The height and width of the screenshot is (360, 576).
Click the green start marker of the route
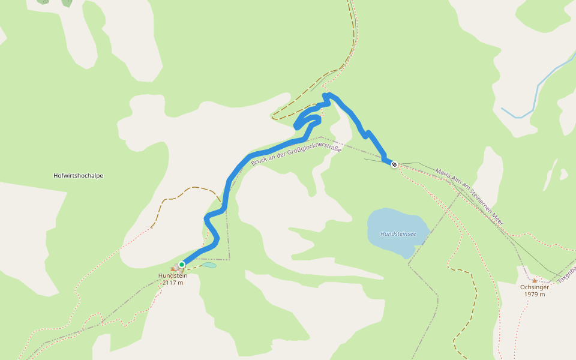tap(182, 264)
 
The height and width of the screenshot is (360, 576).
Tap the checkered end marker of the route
tap(394, 164)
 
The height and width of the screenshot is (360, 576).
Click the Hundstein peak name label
tap(173, 275)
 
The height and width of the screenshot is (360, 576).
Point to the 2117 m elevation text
tap(173, 283)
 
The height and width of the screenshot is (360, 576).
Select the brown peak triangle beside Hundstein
tap(174, 269)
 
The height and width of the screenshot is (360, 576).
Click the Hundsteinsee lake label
tap(397, 233)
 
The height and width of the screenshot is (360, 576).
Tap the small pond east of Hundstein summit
tap(209, 265)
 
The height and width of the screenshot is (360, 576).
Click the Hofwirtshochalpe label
tap(78, 176)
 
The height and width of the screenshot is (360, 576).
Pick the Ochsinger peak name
tap(534, 287)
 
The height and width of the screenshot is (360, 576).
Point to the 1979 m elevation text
tap(534, 294)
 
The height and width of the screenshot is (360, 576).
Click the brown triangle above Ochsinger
tap(535, 280)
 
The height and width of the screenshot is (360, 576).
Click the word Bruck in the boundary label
tap(259, 160)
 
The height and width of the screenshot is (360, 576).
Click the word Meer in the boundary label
tap(496, 220)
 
